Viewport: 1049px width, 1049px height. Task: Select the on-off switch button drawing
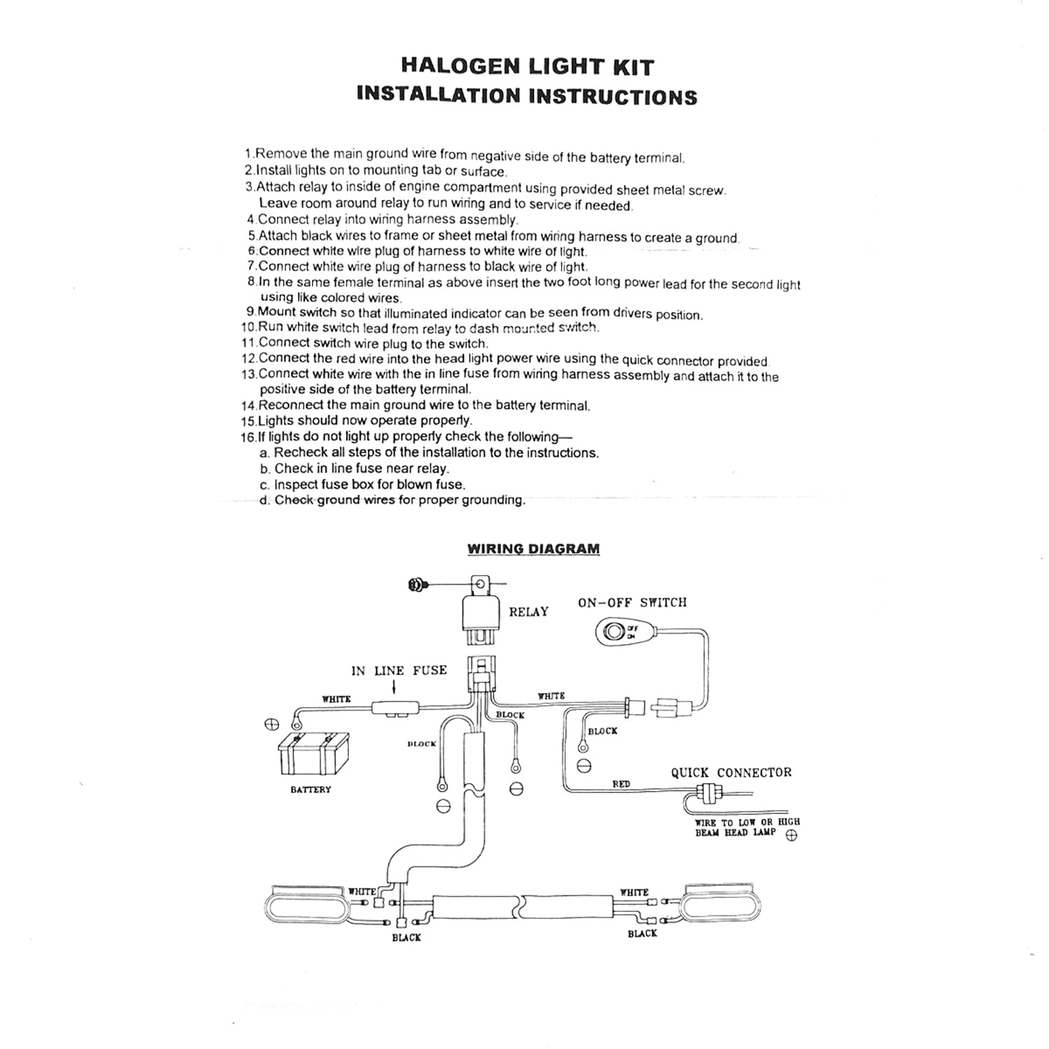[614, 632]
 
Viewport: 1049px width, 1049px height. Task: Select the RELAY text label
[529, 612]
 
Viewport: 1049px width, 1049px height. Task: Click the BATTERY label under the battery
[311, 790]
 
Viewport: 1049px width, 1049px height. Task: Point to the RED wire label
[621, 784]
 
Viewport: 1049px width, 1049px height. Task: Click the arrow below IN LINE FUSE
[394, 689]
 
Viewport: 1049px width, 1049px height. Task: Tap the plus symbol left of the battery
[272, 724]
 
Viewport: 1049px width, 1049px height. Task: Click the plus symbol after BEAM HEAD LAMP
[792, 836]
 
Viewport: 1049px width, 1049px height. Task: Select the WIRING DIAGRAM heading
[533, 549]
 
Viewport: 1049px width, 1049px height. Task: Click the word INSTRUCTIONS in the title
[613, 96]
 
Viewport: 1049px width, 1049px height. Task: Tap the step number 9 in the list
[250, 312]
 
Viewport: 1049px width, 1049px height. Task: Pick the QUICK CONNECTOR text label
[731, 773]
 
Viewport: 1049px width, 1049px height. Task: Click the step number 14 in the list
[248, 406]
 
